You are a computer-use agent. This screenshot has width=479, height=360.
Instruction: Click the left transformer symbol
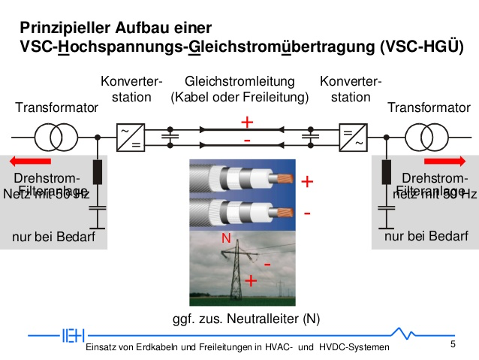coord(56,138)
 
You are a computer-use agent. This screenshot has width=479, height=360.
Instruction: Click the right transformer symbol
coord(425,138)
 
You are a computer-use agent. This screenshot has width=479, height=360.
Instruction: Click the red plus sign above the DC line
coord(247,122)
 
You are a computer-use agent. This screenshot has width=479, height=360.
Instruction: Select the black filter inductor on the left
coord(98,172)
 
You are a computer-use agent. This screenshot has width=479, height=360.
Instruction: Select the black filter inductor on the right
coord(386,172)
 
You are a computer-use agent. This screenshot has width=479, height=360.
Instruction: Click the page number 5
coord(453,344)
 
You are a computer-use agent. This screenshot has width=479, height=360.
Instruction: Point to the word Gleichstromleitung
coord(239,81)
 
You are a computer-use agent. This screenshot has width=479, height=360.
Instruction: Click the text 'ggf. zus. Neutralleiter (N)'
coord(246,319)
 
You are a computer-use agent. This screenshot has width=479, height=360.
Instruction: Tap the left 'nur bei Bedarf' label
coord(53,238)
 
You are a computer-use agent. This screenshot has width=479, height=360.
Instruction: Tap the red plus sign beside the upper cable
coord(306,183)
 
